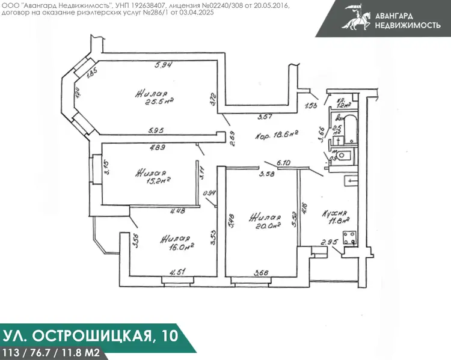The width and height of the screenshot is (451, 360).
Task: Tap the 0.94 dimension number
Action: pos(210,193)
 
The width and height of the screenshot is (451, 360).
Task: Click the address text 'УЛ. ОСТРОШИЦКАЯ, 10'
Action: pos(91,334)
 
